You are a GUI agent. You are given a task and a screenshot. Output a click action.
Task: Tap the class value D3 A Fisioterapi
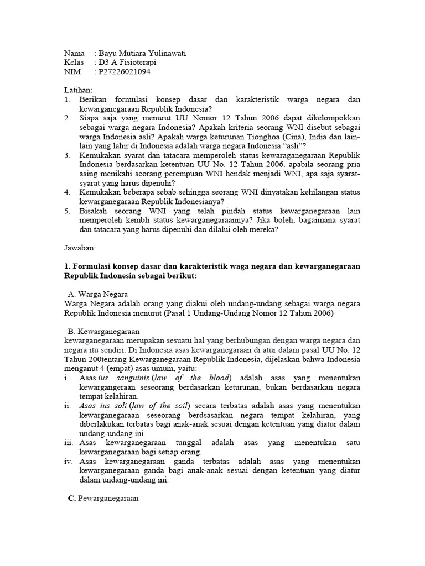125,62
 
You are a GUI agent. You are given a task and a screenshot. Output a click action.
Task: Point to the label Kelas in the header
74,62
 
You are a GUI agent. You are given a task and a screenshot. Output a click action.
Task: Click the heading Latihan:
79,90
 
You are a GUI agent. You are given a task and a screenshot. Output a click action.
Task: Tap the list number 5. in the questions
67,211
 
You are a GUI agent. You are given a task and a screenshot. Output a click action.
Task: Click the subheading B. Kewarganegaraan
105,331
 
